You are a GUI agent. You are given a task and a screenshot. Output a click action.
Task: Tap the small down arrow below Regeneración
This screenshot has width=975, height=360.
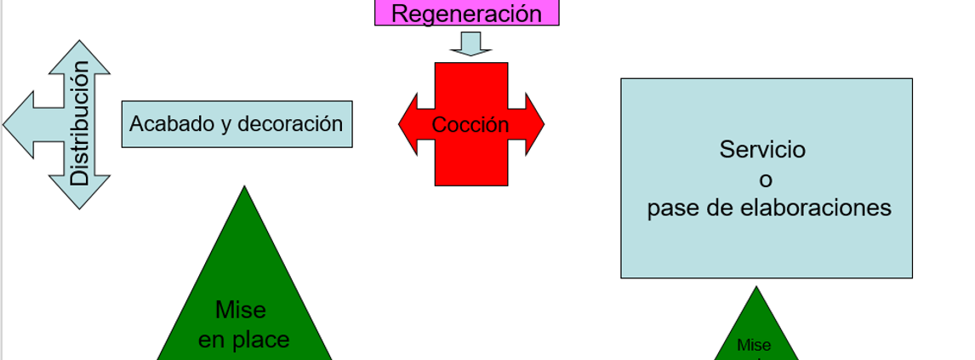click(470, 43)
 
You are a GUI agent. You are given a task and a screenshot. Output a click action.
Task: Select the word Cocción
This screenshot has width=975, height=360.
click(470, 125)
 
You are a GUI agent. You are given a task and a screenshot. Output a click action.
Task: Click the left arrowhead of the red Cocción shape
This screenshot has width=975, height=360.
click(408, 124)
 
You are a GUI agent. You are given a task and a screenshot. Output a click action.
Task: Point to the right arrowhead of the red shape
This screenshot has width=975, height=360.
click(535, 124)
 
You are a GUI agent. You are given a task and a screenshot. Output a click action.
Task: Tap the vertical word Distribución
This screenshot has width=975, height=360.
click(80, 123)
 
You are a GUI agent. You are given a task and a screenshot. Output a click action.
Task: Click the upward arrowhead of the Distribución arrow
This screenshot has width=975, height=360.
click(80, 57)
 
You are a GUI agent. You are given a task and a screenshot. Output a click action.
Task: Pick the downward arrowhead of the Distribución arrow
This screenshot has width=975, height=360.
click(80, 192)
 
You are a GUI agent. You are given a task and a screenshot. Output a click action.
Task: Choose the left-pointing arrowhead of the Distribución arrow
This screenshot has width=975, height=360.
click(19, 124)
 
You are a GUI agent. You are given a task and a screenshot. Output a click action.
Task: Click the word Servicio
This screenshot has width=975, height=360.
click(762, 149)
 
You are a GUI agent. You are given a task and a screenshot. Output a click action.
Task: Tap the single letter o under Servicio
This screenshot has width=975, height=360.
click(766, 180)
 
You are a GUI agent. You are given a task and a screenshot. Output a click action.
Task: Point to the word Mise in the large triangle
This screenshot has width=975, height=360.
click(241, 309)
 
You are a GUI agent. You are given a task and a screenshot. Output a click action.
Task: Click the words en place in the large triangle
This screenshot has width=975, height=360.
click(243, 340)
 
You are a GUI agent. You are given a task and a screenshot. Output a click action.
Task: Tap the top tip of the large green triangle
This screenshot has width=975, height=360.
click(244, 186)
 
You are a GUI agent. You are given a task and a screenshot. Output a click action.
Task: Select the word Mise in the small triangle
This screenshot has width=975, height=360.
click(755, 345)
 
